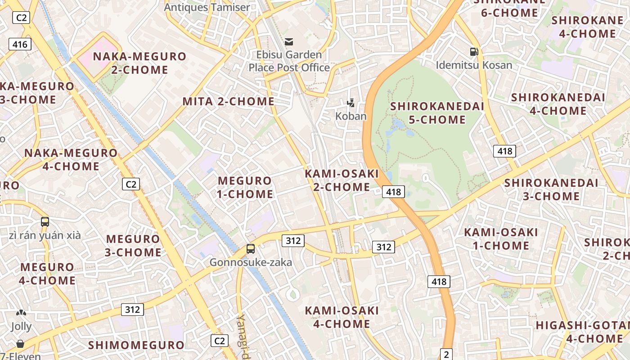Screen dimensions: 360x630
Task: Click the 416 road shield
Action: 20,44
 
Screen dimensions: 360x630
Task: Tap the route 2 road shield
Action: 446,354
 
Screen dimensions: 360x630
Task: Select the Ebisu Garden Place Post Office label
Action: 289,61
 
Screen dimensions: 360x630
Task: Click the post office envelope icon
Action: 289,42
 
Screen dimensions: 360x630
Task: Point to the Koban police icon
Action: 351,103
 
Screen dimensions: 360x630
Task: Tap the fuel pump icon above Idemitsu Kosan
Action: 474,52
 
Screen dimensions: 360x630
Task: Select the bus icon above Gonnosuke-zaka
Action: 251,249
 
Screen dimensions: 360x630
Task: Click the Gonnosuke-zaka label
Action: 251,262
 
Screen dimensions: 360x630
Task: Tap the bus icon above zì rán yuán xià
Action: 45,221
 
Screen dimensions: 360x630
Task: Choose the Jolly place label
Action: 21,326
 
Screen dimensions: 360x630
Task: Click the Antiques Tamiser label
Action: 207,7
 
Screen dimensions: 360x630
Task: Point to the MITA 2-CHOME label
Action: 228,102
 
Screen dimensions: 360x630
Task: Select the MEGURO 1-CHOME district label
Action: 245,188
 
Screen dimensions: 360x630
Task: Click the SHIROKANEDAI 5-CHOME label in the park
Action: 437,113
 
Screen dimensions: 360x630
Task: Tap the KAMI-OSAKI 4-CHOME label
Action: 342,317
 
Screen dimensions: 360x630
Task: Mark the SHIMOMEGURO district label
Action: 136,345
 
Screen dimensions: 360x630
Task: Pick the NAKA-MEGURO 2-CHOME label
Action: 139,63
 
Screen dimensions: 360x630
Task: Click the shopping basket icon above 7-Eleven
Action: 20,344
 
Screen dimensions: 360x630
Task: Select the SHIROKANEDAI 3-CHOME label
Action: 551,189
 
